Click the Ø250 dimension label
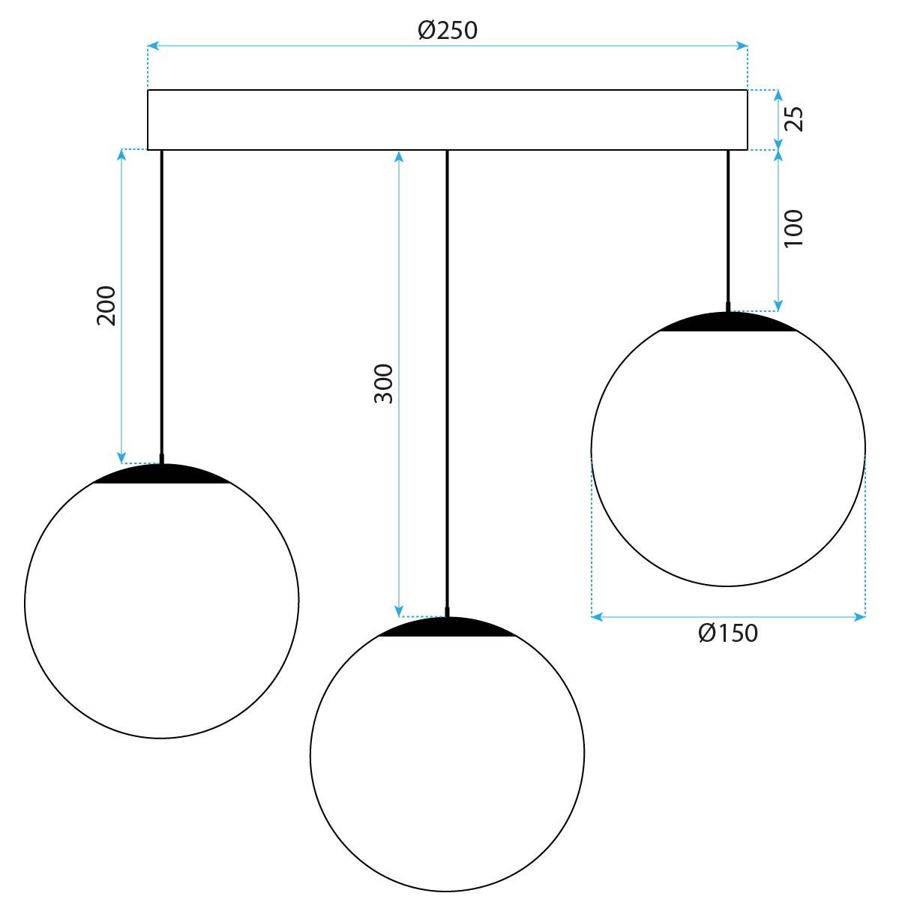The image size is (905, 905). (447, 30)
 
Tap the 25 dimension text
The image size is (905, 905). (793, 119)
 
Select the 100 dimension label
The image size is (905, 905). (793, 228)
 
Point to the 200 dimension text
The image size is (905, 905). (106, 305)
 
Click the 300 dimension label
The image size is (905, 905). (383, 383)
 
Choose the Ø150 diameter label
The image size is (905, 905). (727, 634)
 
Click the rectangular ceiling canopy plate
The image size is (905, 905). (447, 120)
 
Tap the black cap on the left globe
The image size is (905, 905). (161, 475)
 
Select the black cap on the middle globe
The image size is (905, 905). (447, 628)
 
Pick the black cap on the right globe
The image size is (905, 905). (727, 322)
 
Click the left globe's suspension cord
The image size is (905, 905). (161, 300)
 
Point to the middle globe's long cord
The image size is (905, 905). (447, 375)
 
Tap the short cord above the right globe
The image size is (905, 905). (727, 225)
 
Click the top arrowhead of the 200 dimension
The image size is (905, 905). (121, 154)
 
